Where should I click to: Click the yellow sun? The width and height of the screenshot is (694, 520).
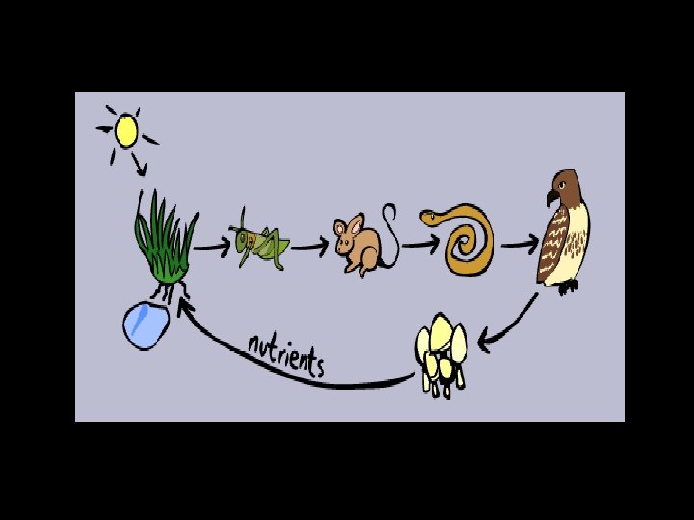click(126, 130)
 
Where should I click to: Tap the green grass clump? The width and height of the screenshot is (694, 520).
click(165, 245)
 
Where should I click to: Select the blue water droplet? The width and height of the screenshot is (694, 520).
click(147, 324)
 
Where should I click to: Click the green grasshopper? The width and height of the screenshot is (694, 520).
click(261, 247)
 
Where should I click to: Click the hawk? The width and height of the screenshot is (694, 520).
click(563, 231)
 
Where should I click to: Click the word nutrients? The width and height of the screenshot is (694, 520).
click(286, 353)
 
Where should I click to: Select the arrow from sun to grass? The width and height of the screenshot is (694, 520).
click(141, 166)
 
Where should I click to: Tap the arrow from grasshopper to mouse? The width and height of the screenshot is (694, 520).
click(309, 247)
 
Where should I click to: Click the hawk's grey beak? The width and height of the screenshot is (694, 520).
click(550, 197)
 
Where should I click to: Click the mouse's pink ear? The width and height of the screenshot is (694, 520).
click(353, 225)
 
